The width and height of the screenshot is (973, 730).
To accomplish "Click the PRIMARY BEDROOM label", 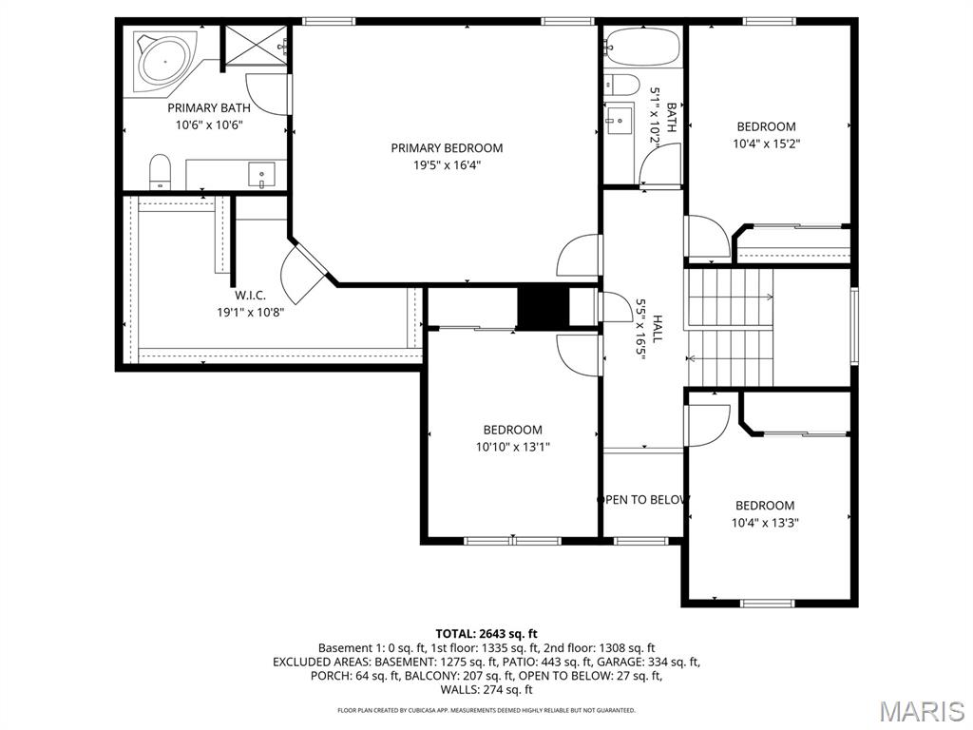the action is (447, 147).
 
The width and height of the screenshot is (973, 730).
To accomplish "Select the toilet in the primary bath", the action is (160, 171).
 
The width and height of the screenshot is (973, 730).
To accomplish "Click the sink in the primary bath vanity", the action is (261, 175).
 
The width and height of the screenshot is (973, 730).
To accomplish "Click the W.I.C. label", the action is (250, 296).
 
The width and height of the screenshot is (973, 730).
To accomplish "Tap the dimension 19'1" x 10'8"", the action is (250, 312).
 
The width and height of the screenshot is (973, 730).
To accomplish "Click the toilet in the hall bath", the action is (621, 85).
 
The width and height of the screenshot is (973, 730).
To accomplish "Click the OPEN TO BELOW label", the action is (643, 500).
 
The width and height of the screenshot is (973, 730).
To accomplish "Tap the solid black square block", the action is (543, 306).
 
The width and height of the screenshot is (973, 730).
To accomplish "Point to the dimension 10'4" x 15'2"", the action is (767, 144).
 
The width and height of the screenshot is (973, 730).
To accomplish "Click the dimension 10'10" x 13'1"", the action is (513, 447).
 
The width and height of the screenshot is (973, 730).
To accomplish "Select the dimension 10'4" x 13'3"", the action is (765, 523).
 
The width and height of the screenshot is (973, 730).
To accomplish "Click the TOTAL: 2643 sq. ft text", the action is (486, 634).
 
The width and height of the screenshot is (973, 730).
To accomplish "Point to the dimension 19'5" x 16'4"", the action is (447, 165).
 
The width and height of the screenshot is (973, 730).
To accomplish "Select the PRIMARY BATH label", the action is (209, 108).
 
